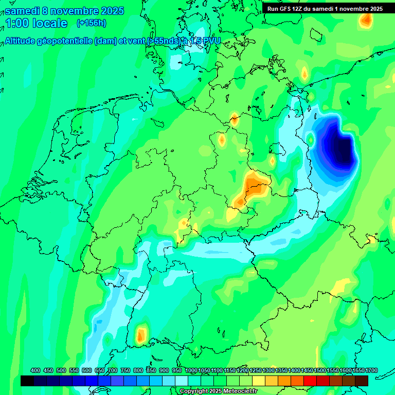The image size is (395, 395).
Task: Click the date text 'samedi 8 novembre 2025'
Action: (64, 11)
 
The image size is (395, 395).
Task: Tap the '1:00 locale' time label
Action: (37, 23)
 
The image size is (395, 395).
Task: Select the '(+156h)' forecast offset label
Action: (92, 23)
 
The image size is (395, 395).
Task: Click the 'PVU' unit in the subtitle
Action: (211, 41)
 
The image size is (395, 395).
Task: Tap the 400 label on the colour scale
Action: (35, 370)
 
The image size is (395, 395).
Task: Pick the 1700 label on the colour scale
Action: (358, 370)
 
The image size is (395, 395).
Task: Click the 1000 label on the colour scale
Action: (191, 370)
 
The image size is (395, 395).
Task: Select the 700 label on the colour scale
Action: (113, 370)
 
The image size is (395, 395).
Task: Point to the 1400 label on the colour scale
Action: (294, 370)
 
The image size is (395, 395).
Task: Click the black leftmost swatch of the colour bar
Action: (27, 381)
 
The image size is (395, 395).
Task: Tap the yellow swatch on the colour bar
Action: (259, 381)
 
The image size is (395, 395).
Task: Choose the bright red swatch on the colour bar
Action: (310, 381)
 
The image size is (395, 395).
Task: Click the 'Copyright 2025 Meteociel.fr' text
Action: (218, 391)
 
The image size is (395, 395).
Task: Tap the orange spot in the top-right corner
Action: (366, 20)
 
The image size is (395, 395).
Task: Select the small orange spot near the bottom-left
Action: (140, 336)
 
